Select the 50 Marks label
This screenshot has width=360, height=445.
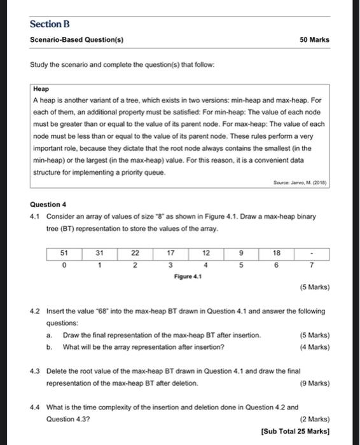tap(314, 39)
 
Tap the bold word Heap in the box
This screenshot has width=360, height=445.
tap(40, 90)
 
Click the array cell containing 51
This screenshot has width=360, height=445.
tap(64, 252)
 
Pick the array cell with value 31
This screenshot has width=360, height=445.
tap(100, 252)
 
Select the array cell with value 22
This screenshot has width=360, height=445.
tap(135, 252)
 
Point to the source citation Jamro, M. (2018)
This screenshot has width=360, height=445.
tap(303, 188)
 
